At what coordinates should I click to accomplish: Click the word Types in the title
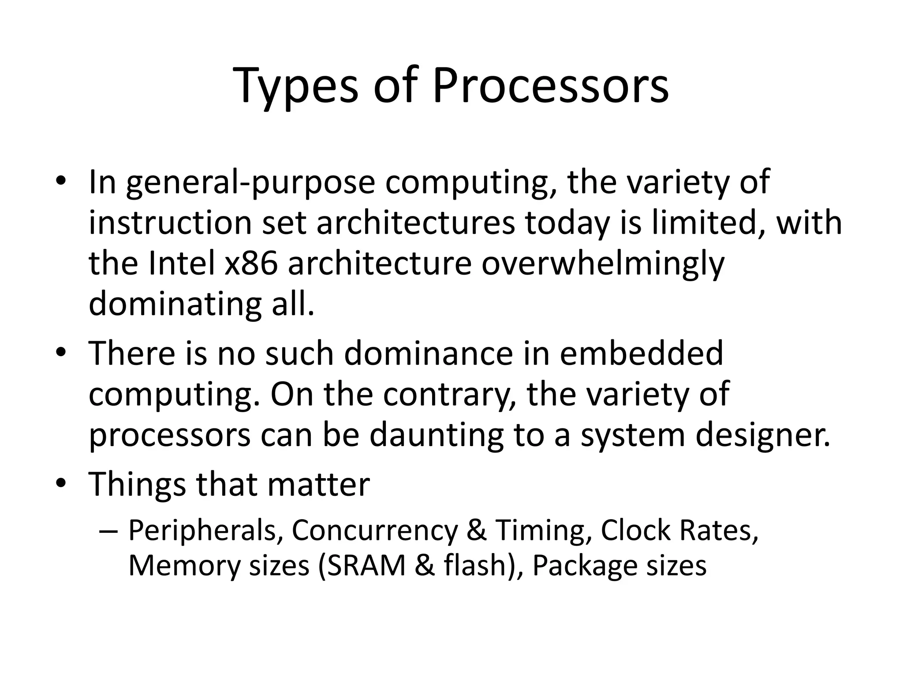pos(297,86)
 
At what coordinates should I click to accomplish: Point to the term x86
pos(251,264)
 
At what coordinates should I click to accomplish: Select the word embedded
pos(641,353)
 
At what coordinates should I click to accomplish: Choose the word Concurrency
pos(374,530)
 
